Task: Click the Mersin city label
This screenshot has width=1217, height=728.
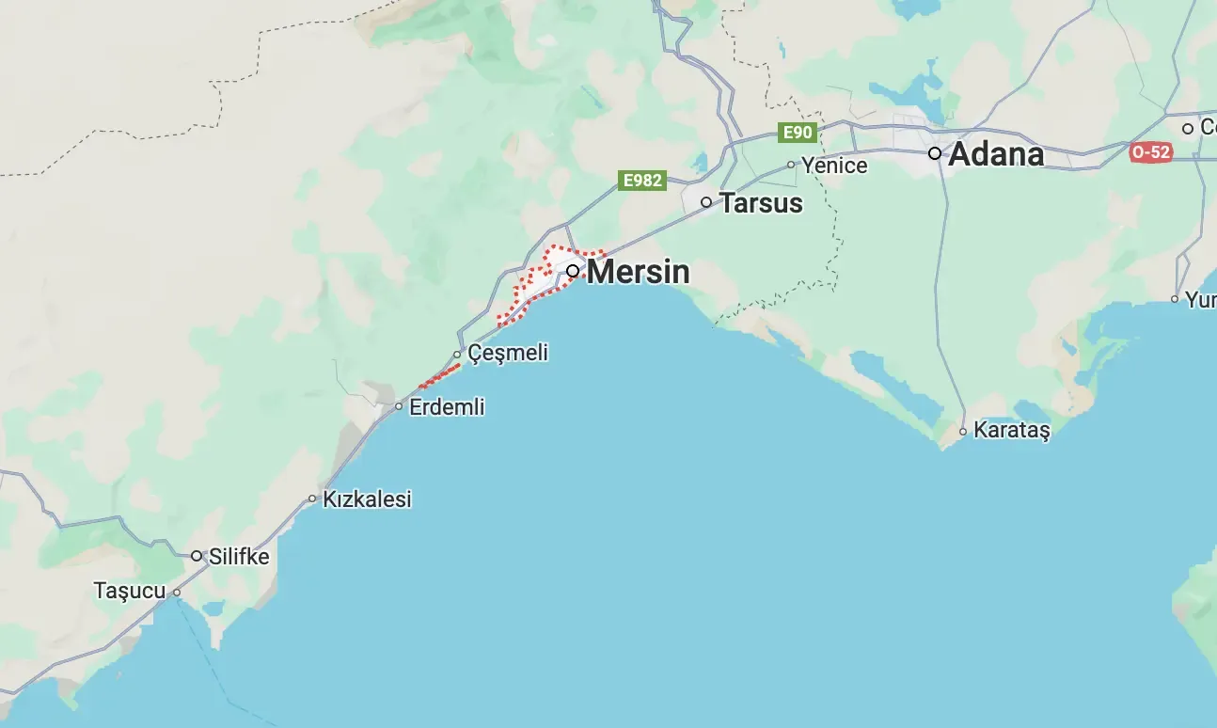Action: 638,272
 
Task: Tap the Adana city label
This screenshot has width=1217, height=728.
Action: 996,154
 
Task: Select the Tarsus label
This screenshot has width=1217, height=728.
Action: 761,203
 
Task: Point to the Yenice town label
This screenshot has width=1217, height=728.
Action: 834,166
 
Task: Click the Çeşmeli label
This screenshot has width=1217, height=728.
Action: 508,354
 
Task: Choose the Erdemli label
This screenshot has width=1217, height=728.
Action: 447,407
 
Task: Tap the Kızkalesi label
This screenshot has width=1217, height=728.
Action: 367,499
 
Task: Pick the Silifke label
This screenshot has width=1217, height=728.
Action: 239,557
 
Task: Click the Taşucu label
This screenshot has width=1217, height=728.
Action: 130,592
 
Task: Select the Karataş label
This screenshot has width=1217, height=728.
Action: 1011,431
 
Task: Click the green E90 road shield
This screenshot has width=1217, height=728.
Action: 798,134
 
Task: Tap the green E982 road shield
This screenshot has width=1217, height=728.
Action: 642,180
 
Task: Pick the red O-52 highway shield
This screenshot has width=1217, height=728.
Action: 1151,151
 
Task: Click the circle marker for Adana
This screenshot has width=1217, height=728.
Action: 935,153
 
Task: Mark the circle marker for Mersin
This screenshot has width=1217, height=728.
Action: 572,271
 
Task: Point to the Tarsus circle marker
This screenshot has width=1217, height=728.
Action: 706,202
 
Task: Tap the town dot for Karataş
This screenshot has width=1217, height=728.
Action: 963,432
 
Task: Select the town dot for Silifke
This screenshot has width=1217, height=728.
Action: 197,556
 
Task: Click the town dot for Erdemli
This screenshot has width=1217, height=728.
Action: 399,407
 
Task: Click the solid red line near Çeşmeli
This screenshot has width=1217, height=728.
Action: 439,376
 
